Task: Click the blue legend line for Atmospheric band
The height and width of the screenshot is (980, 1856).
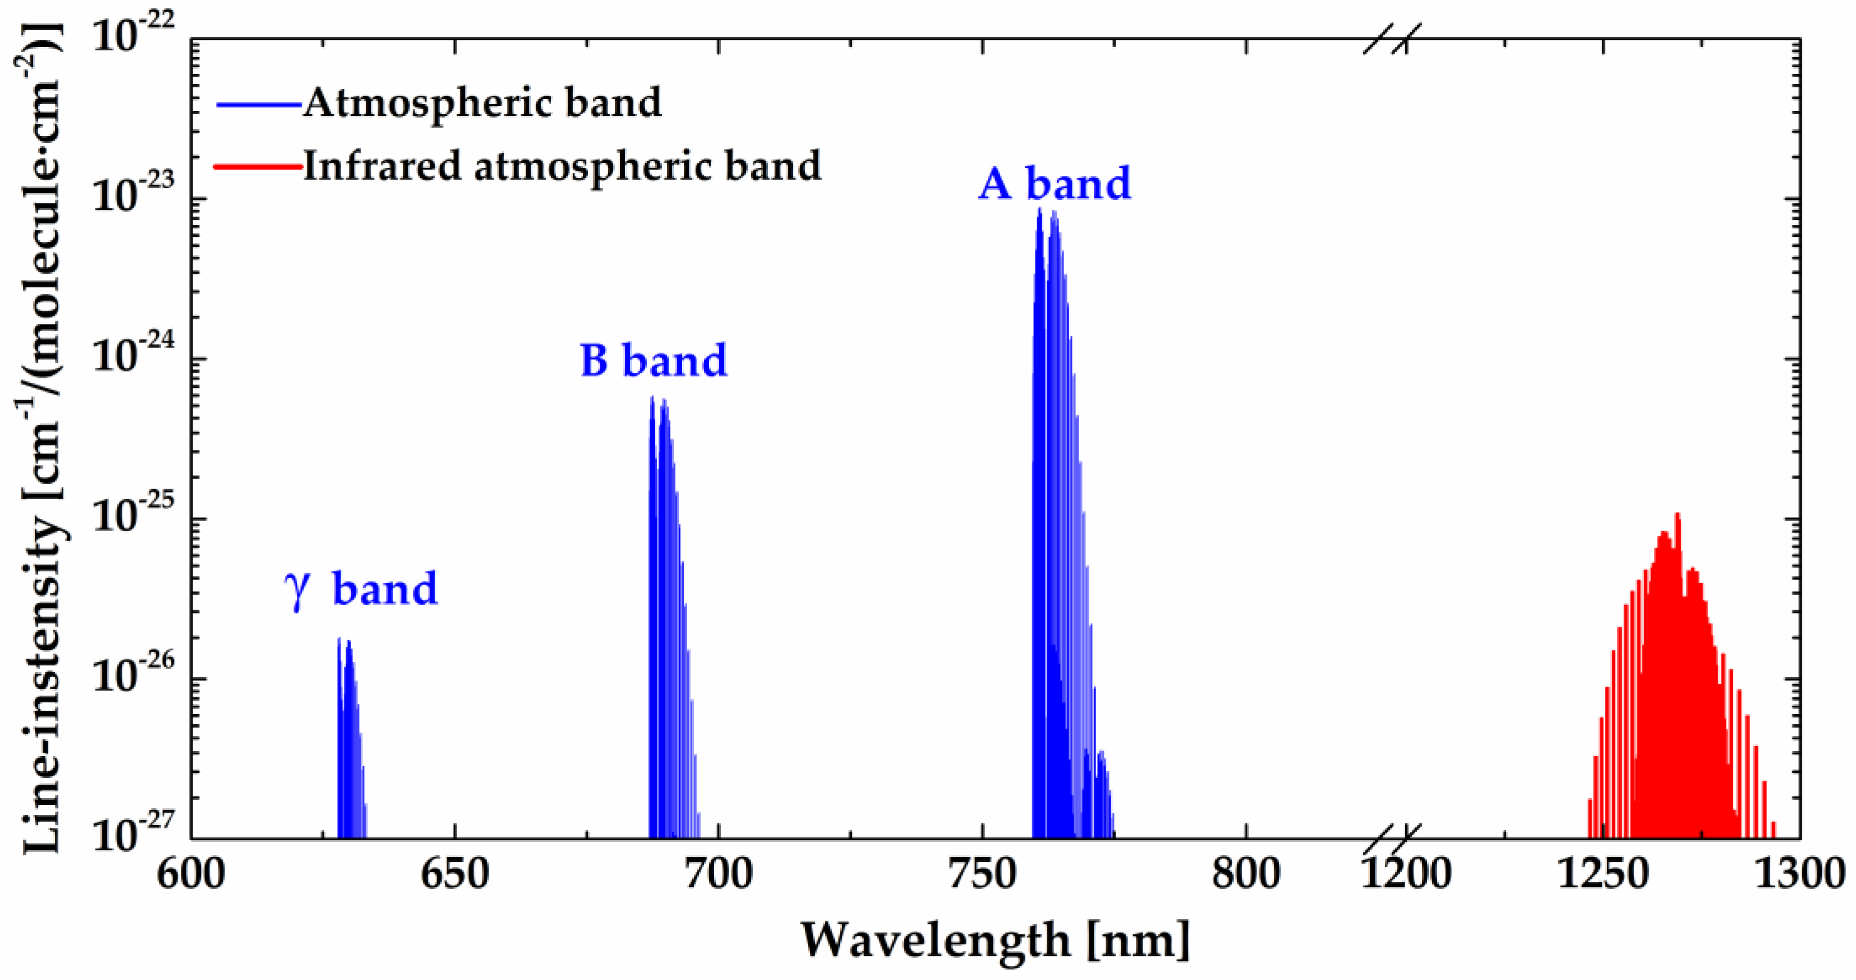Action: pyautogui.click(x=258, y=105)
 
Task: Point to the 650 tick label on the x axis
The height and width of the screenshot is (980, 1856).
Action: pyautogui.click(x=455, y=874)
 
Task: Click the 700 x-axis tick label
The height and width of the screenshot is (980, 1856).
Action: pyautogui.click(x=719, y=874)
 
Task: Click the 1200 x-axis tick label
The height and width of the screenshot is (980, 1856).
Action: pyautogui.click(x=1405, y=874)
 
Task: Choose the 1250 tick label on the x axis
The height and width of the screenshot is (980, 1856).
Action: pyautogui.click(x=1603, y=874)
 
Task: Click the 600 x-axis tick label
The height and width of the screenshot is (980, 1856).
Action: pyautogui.click(x=191, y=874)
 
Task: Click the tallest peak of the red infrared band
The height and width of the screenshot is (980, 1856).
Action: pyautogui.click(x=1677, y=515)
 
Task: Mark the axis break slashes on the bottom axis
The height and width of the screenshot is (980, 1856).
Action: pyautogui.click(x=1392, y=839)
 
